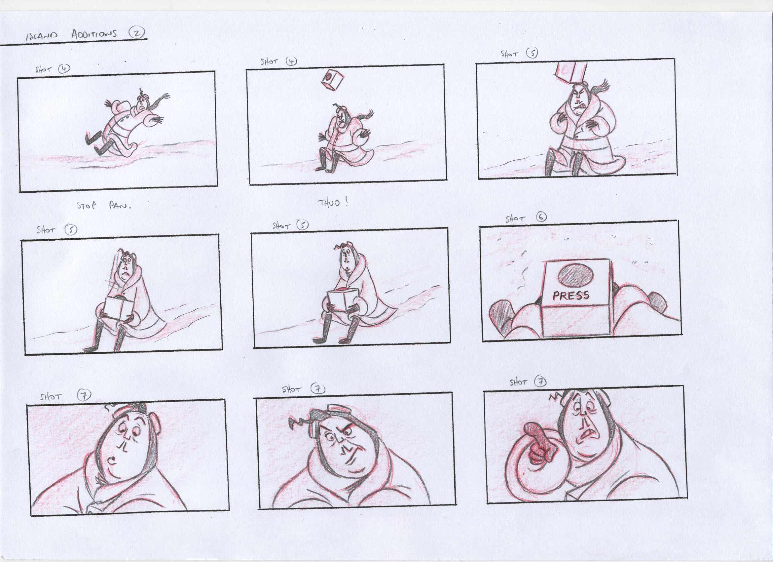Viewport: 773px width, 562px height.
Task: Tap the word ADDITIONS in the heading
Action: coord(94,34)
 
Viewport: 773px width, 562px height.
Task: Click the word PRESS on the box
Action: coord(571,295)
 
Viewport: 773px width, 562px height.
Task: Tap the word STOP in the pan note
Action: coord(87,206)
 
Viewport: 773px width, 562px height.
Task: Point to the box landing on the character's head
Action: coord(570,72)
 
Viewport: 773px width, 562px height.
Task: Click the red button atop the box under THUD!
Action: coord(342,290)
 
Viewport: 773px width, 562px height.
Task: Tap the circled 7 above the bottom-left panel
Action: coord(84,395)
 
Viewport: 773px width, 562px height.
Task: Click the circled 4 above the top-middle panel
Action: coord(291,61)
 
